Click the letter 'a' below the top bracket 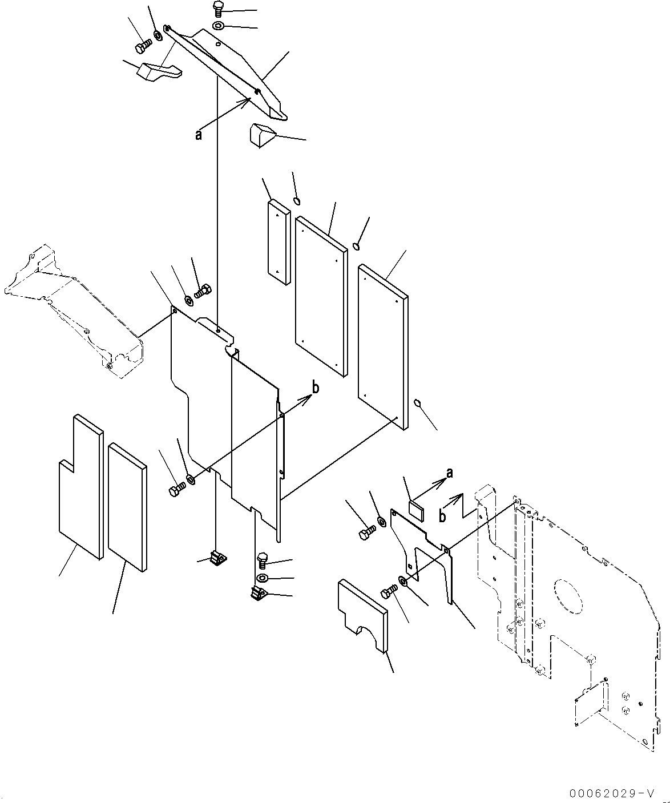[198, 135]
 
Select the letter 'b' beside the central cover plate [315, 388]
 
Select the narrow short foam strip [279, 241]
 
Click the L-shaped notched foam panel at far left [80, 485]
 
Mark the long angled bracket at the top [228, 68]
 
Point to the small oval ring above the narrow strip [297, 200]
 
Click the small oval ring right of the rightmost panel [418, 403]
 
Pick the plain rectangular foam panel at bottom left [127, 505]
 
